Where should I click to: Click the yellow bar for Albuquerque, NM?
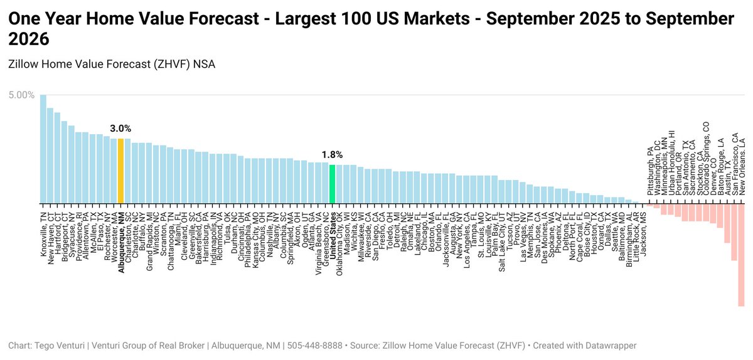120,171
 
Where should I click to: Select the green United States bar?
333,184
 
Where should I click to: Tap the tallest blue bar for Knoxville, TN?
43,149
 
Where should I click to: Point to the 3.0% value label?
120,129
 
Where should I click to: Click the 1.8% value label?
333,154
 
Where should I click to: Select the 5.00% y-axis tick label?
21,95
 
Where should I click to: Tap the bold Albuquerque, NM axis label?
121,238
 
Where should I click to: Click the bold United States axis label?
333,234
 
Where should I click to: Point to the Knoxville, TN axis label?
43,229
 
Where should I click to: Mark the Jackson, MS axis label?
643,229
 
